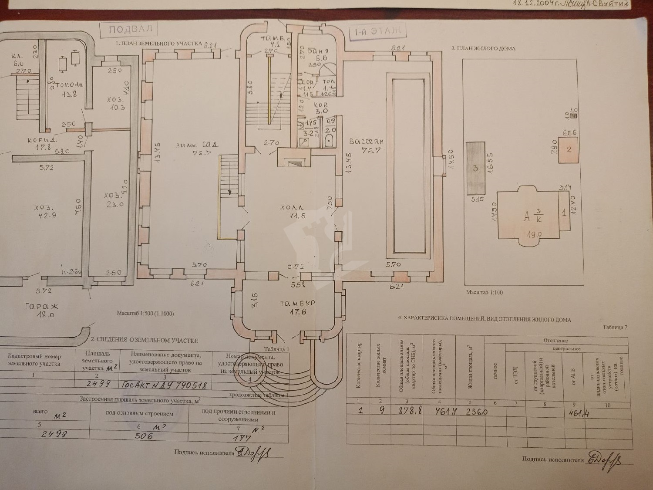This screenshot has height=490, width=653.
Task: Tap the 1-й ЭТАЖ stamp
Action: click(375, 31)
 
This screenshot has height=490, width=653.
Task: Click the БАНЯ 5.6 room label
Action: click(318, 54)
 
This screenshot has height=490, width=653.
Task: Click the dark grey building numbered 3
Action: click(476, 168)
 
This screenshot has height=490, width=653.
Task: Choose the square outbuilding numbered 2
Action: click(569, 150)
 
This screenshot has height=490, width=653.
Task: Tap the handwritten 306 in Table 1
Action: click(144, 435)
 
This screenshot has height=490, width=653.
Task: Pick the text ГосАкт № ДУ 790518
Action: click(165, 385)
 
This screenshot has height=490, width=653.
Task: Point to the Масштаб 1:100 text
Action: click(484, 292)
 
